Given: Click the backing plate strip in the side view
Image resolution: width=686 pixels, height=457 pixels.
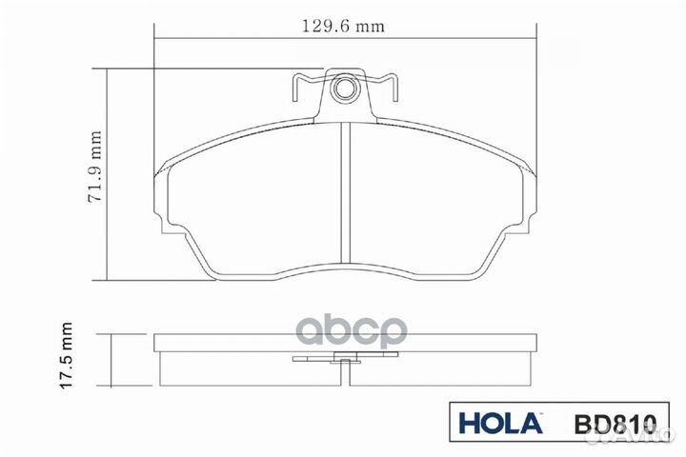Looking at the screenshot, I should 238,342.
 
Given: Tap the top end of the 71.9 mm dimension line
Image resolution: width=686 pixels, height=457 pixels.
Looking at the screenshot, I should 109,70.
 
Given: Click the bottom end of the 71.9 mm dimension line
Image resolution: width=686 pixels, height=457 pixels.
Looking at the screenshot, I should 109,279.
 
